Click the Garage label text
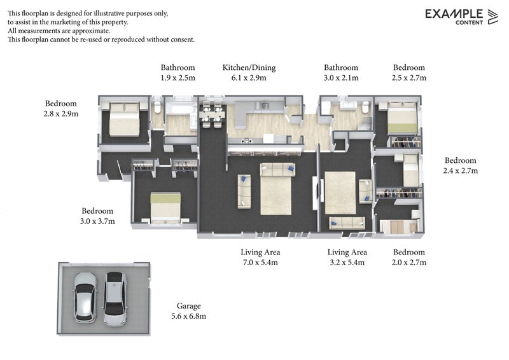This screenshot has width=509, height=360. [188, 306]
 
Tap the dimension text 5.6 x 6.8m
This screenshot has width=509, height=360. [188, 316]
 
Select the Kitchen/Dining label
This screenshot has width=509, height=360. [249, 68]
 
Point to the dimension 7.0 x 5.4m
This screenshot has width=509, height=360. [260, 263]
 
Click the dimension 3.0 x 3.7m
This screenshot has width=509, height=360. [97, 221]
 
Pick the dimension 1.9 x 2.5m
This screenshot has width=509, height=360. [178, 78]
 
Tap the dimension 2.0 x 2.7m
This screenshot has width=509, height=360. [409, 263]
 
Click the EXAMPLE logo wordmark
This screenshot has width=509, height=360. [454, 13]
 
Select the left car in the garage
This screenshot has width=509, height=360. [85, 297]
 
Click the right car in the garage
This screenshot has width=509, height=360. [115, 299]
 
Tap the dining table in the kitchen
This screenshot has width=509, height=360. [212, 114]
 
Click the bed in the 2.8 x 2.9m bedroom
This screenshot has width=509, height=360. [125, 119]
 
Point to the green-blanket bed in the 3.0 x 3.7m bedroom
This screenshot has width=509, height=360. [165, 208]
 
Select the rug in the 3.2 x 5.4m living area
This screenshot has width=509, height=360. [340, 193]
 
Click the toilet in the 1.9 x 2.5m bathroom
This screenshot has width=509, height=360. [157, 107]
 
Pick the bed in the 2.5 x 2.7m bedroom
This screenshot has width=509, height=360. [402, 118]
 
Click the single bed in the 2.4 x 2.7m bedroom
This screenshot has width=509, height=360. [410, 169]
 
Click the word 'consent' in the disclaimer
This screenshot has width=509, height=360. [183, 40]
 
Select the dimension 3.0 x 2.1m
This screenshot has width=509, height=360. [341, 78]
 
